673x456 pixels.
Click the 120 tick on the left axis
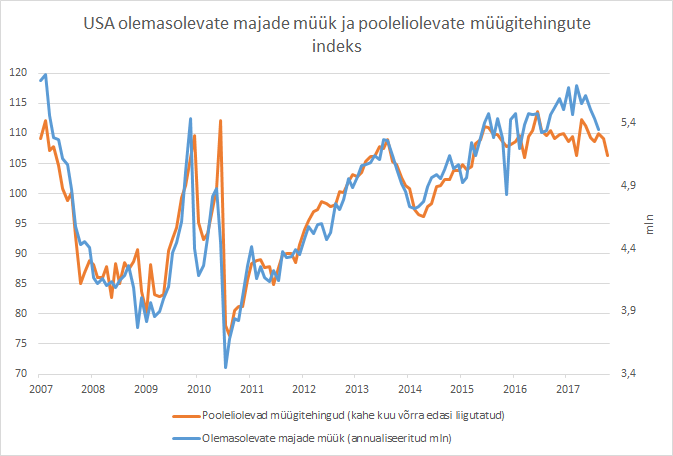(x=18, y=72)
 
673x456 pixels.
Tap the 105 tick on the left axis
(x=18, y=163)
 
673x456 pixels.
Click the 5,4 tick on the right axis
(x=628, y=123)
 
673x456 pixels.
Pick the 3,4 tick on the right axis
(x=628, y=374)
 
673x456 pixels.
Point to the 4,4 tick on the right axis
(x=628, y=249)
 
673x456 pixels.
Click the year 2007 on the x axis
(x=40, y=389)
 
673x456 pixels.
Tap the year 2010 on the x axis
(x=198, y=389)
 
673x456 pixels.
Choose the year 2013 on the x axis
(x=356, y=389)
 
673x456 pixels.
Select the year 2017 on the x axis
(x=567, y=389)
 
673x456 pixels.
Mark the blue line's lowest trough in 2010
(x=226, y=367)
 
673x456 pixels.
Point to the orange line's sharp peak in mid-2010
(x=220, y=121)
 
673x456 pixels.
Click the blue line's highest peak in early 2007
(x=46, y=75)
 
